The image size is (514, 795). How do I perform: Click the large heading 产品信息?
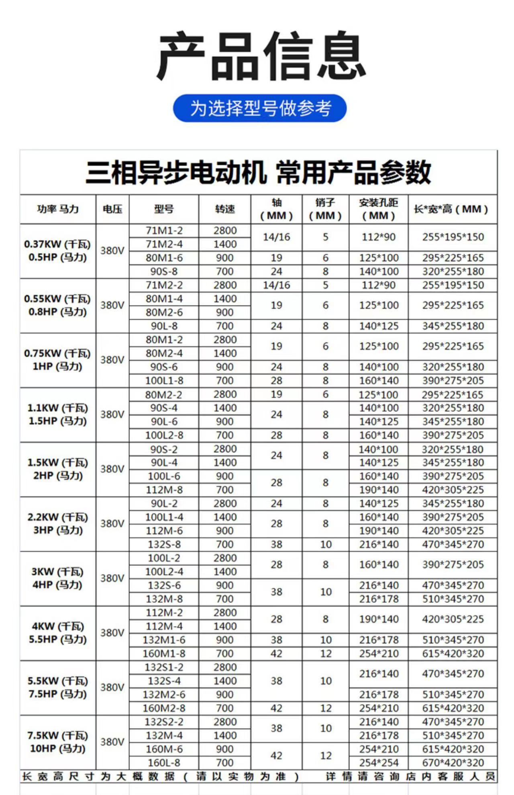(261, 56)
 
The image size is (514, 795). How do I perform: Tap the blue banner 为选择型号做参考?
(260, 108)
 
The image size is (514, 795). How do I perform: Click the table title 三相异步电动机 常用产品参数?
(258, 173)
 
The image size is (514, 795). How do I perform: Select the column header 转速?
(225, 209)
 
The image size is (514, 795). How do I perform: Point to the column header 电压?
(112, 209)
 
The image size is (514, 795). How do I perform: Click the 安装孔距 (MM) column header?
(379, 209)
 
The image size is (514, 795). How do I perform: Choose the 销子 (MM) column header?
(325, 209)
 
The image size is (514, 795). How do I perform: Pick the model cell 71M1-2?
(164, 230)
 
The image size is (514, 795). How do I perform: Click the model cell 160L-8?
(164, 762)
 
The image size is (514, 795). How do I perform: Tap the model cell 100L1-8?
(164, 381)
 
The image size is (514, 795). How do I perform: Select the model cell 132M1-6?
(164, 640)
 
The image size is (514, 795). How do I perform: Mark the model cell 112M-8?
(164, 490)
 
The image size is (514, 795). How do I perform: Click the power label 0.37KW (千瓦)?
(57, 244)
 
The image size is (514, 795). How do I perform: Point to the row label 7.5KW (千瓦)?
(57, 736)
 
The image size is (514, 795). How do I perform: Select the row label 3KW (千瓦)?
(57, 572)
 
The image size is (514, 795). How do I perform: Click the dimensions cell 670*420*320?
(453, 762)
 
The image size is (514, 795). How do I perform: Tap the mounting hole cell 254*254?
(379, 762)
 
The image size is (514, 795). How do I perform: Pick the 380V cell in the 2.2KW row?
(112, 524)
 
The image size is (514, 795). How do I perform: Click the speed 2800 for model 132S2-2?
(225, 722)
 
